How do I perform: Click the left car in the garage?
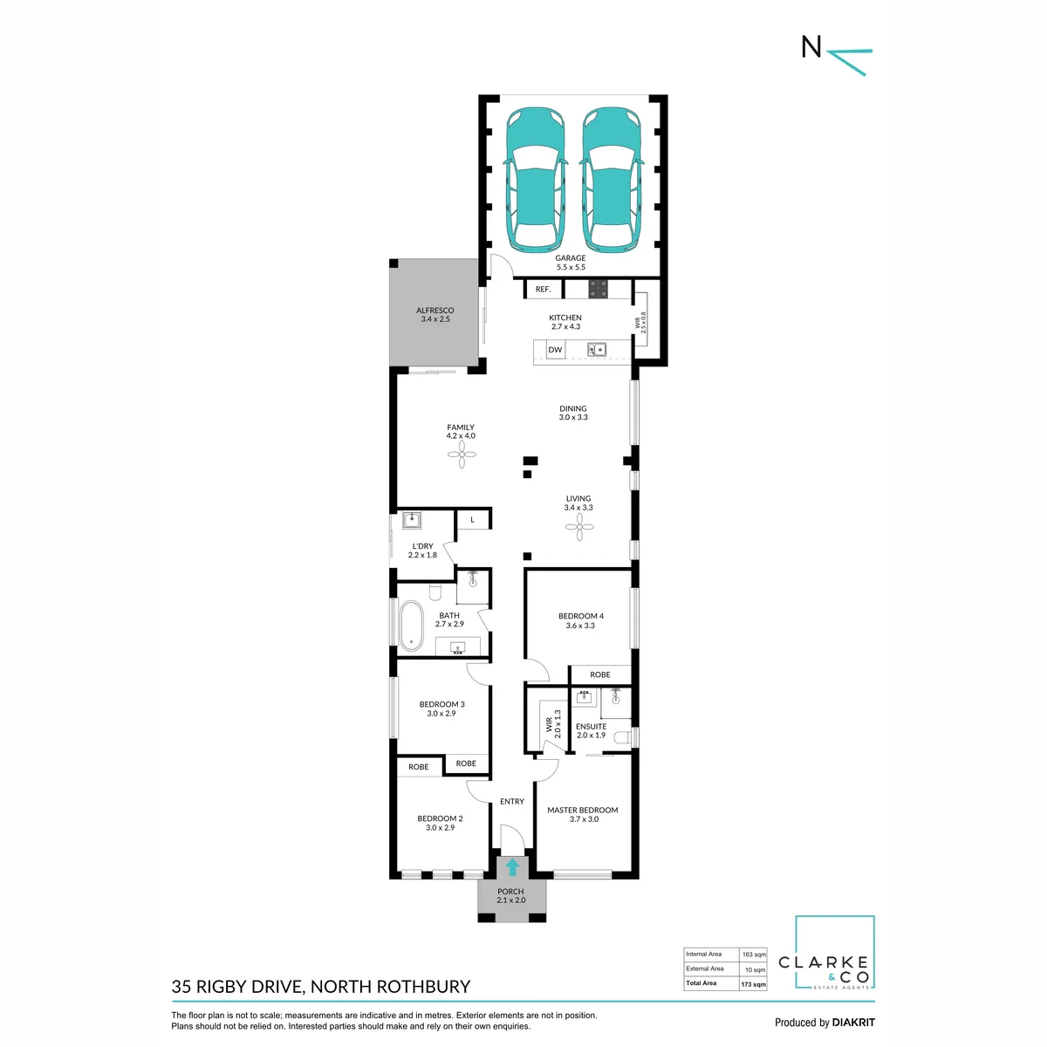pyautogui.click(x=536, y=180)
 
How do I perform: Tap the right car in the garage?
pyautogui.click(x=612, y=180)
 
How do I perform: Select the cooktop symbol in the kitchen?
pyautogui.click(x=599, y=289)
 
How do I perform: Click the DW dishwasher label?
pyautogui.click(x=555, y=350)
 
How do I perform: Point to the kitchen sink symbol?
pyautogui.click(x=597, y=349)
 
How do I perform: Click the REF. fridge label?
pyautogui.click(x=543, y=289)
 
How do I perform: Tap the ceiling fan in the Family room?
pyautogui.click(x=462, y=455)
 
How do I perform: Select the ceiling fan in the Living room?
pyautogui.click(x=579, y=526)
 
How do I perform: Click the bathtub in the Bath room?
pyautogui.click(x=411, y=626)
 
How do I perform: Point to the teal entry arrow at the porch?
pyautogui.click(x=512, y=867)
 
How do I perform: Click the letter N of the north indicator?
pyautogui.click(x=811, y=47)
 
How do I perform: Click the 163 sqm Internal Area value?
pyautogui.click(x=754, y=955)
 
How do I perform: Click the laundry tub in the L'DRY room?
pyautogui.click(x=411, y=521)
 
